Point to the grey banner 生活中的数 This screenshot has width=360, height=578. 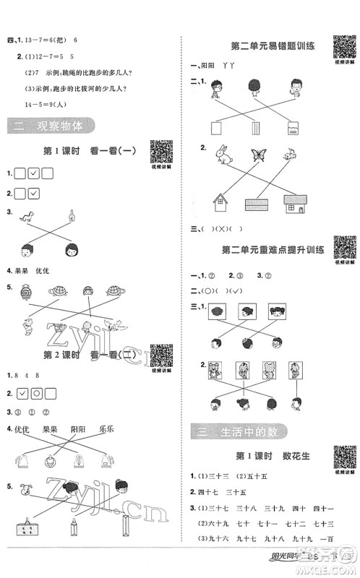236,432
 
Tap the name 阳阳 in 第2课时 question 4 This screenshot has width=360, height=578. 81,429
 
